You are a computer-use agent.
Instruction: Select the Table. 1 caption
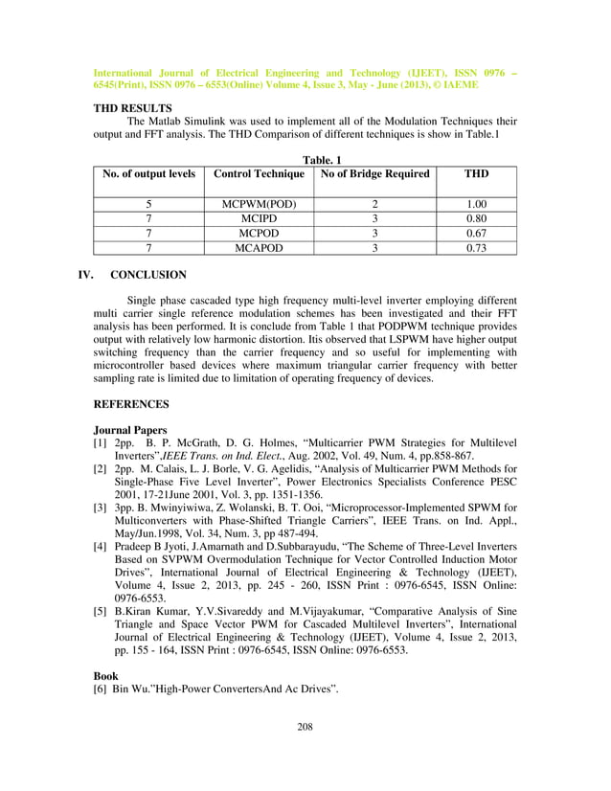[x=305, y=159]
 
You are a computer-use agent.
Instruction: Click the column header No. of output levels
[x=148, y=173]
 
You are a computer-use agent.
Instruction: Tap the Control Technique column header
[x=259, y=173]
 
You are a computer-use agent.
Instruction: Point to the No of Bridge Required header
[x=375, y=173]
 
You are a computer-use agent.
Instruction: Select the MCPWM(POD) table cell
[x=259, y=205]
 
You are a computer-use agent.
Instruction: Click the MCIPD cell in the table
[x=259, y=219]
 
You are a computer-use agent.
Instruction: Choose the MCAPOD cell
[x=259, y=248]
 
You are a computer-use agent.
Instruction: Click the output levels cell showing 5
[x=148, y=205]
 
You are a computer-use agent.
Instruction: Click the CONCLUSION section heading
[x=148, y=275]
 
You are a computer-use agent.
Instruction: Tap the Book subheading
[x=105, y=675]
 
